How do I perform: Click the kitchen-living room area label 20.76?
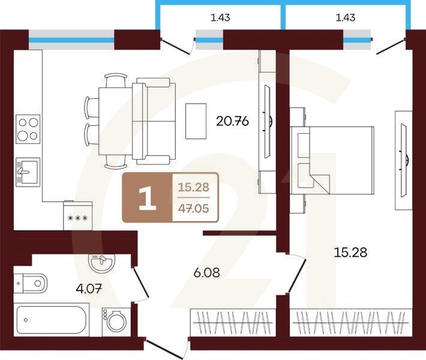point(232,121)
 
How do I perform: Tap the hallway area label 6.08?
point(207,272)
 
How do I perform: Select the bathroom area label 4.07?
point(89,288)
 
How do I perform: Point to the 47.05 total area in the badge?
point(193,208)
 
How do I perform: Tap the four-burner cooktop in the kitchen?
point(28,129)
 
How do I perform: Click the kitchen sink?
point(28,172)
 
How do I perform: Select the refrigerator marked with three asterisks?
point(78,216)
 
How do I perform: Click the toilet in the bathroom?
point(30,284)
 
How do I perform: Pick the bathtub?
point(52,320)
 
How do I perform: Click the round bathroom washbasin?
point(101,262)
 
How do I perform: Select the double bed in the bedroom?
point(332,160)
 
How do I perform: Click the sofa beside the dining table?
point(154,121)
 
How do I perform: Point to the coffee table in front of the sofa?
point(196,121)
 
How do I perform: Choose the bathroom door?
point(141,283)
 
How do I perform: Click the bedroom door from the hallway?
point(297,275)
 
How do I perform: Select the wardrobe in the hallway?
point(233,323)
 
